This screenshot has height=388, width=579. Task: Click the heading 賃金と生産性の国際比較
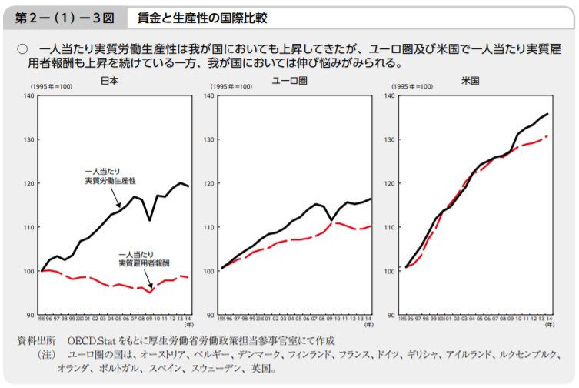tap(203, 16)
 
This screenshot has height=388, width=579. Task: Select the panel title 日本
tap(109, 79)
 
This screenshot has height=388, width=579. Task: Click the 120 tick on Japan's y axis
tap(29, 183)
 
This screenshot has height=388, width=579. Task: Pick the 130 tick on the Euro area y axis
tap(208, 139)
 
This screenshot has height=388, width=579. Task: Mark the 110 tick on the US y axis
tap(388, 227)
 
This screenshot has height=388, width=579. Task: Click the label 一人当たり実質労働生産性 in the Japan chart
tap(109, 175)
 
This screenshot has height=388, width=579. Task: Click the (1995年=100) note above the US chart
tap(412, 86)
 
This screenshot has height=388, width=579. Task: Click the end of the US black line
tap(547, 114)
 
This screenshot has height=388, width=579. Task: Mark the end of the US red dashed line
tap(547, 135)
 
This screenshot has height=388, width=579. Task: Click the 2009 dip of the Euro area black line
tap(331, 220)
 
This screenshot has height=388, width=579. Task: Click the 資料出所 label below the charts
tap(36, 339)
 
